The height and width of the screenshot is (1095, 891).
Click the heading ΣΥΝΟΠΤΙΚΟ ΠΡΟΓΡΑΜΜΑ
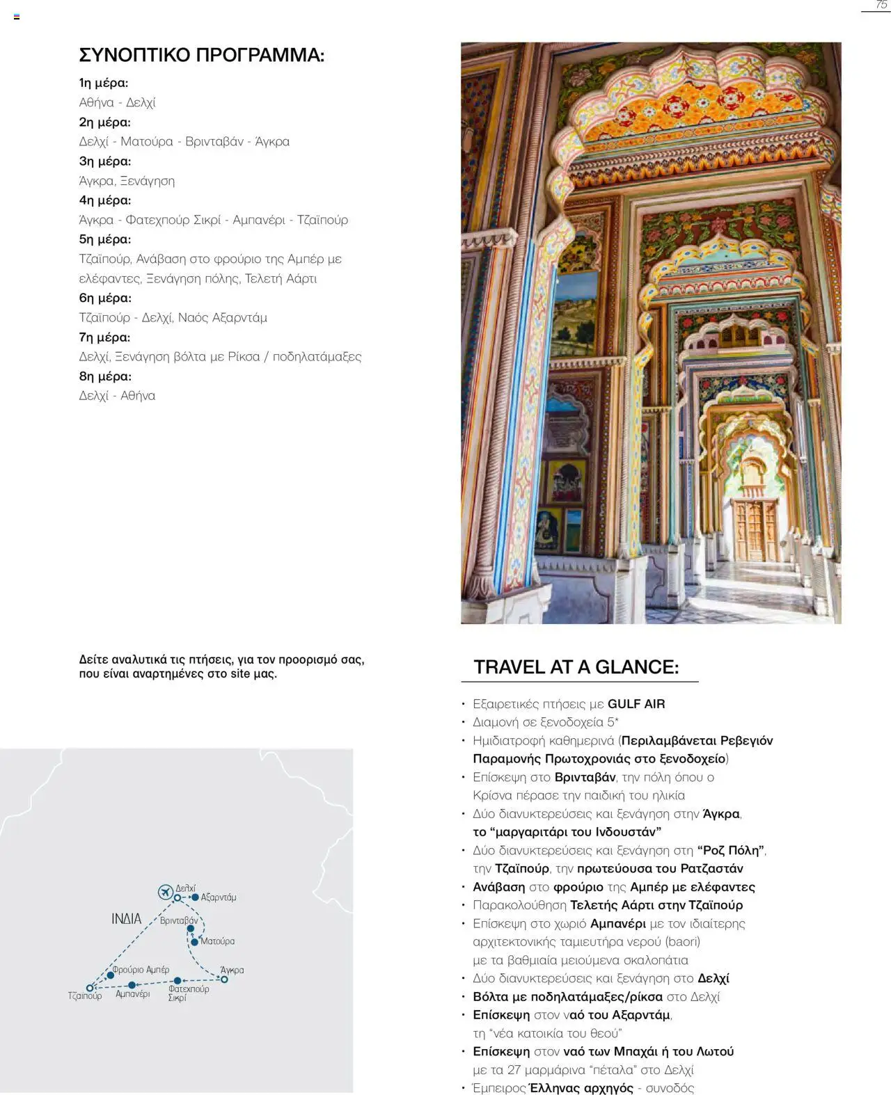[x=201, y=55]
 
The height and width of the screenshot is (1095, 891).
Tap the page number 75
[x=881, y=6]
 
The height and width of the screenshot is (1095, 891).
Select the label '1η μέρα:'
[x=104, y=83]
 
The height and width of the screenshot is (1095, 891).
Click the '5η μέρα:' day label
[x=104, y=239]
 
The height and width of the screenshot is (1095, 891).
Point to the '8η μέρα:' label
[x=105, y=376]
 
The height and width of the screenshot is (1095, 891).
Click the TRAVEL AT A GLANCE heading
[x=576, y=666]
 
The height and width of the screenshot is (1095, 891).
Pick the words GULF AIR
[x=636, y=704]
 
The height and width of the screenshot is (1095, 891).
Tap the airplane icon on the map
[x=165, y=891]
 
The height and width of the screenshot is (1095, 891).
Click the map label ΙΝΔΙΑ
[x=126, y=919]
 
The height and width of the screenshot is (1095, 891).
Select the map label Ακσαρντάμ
[x=218, y=897]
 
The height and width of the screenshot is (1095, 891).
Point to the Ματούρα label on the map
[x=217, y=941]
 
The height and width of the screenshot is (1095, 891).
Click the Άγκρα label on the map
[x=232, y=970]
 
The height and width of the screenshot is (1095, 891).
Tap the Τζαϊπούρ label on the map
[x=85, y=996]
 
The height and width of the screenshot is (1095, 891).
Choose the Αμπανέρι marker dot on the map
[x=132, y=985]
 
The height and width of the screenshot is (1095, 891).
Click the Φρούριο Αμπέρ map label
[x=141, y=969]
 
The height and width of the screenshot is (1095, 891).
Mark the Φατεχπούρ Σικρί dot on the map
[x=178, y=981]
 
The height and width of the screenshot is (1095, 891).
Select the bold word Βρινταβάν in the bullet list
[x=585, y=777]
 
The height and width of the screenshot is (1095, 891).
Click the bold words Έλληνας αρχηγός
[x=581, y=1088]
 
